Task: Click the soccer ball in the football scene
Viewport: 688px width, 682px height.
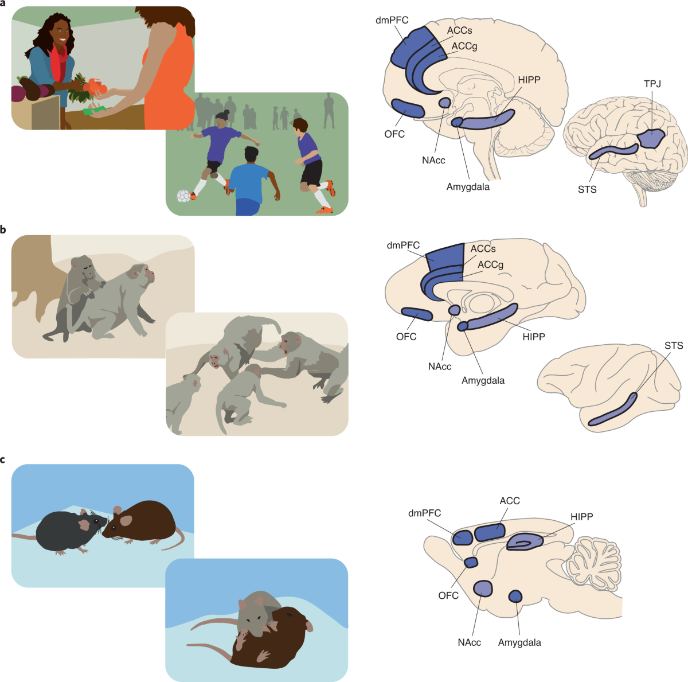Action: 183,196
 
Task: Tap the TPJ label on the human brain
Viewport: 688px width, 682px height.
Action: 652,84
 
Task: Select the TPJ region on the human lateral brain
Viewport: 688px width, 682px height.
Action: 651,139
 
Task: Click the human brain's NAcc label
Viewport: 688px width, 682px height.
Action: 433,161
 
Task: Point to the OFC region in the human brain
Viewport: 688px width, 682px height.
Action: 408,108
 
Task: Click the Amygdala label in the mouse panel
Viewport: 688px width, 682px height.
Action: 519,642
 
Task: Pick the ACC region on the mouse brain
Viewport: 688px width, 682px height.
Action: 490,532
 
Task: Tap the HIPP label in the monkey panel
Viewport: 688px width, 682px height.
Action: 534,337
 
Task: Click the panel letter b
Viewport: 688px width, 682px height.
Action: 3,229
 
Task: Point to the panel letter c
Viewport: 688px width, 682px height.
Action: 2,460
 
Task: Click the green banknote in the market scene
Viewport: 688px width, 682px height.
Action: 94,110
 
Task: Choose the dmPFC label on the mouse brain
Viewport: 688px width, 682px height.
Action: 424,513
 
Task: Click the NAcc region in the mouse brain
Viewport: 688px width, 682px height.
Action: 483,589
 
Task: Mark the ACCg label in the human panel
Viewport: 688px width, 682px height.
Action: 464,46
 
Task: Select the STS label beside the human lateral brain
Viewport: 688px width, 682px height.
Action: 587,189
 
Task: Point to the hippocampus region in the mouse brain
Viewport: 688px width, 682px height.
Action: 525,541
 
